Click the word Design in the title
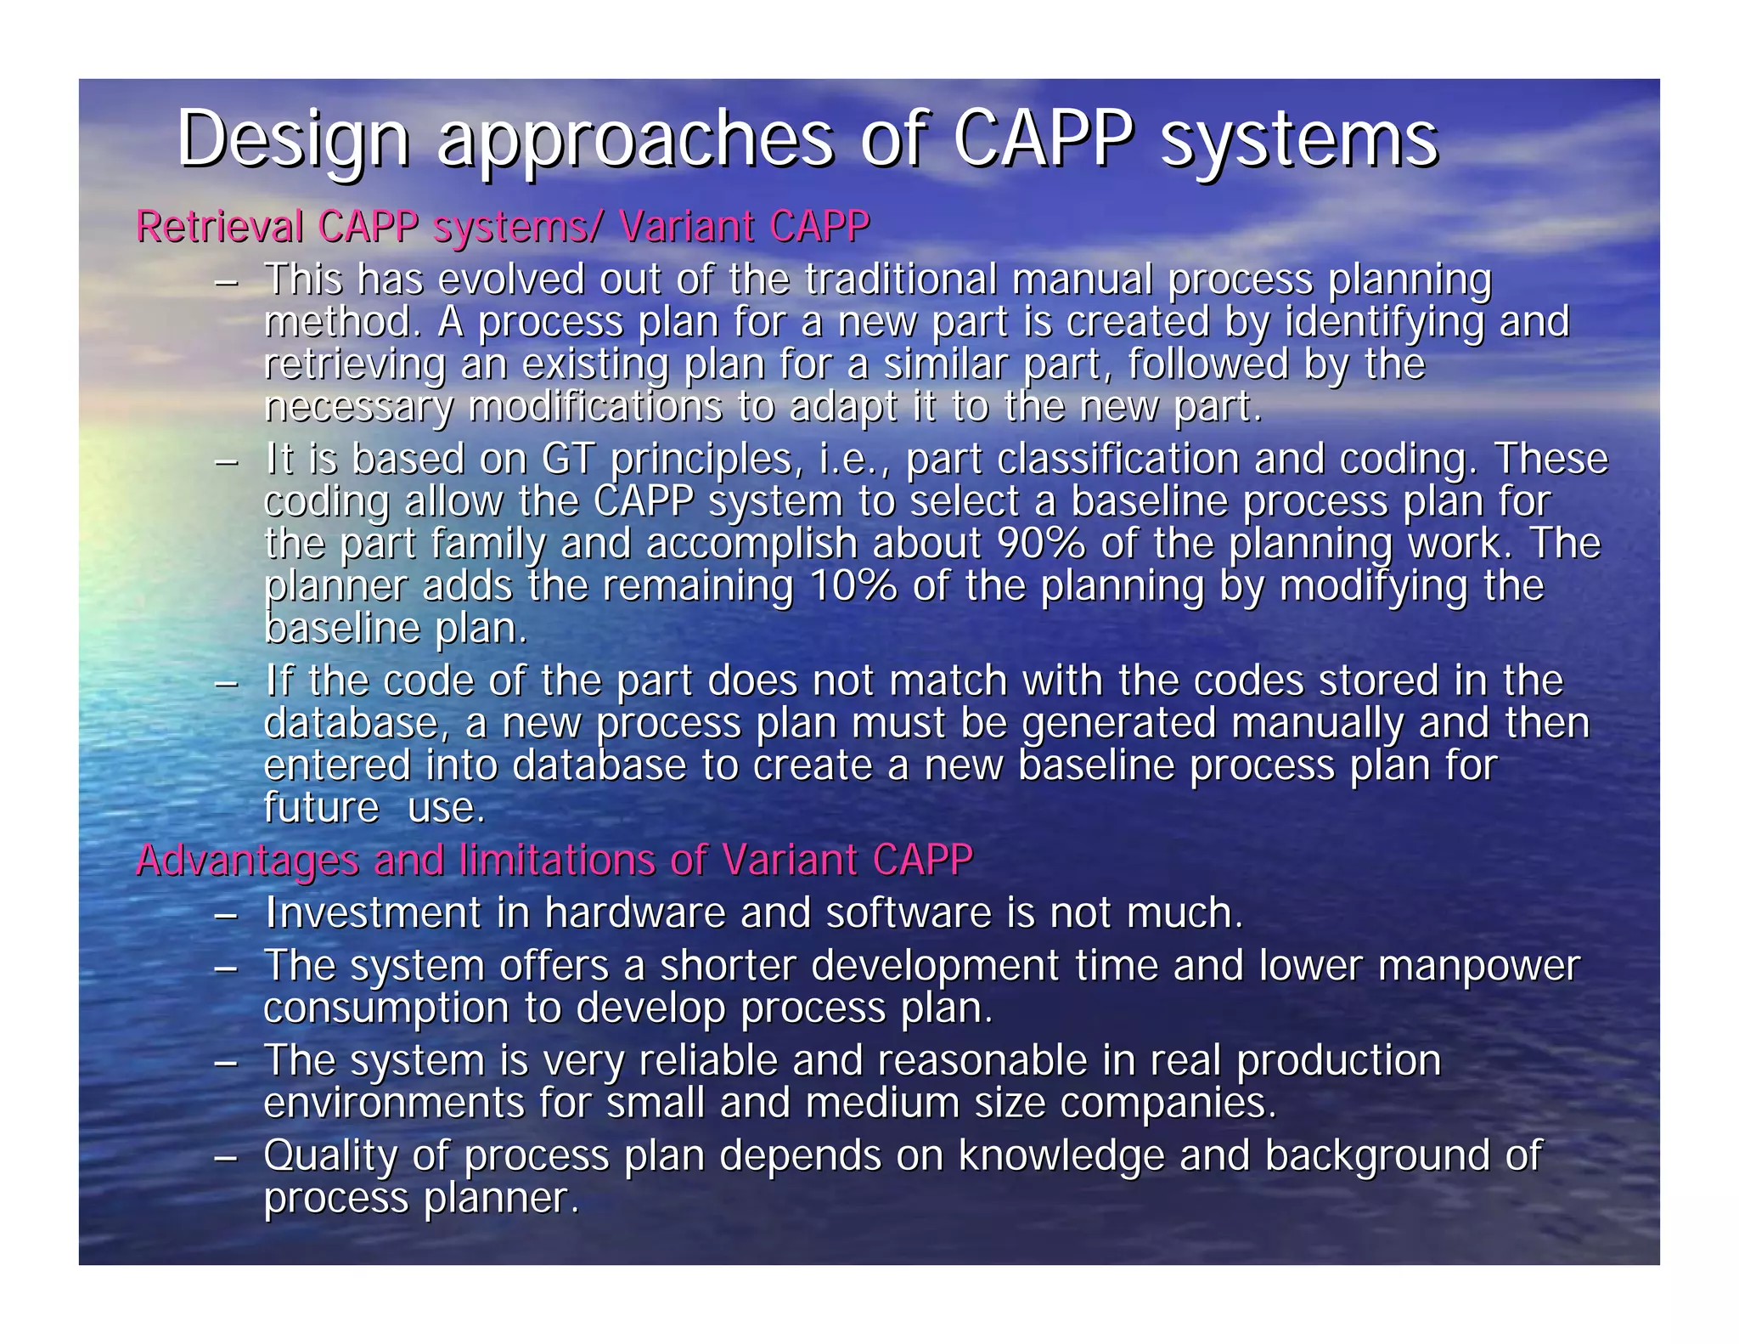tap(294, 140)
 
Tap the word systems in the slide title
tap(1298, 140)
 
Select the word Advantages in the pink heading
tap(247, 860)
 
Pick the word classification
tap(1117, 460)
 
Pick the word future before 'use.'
tap(321, 807)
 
